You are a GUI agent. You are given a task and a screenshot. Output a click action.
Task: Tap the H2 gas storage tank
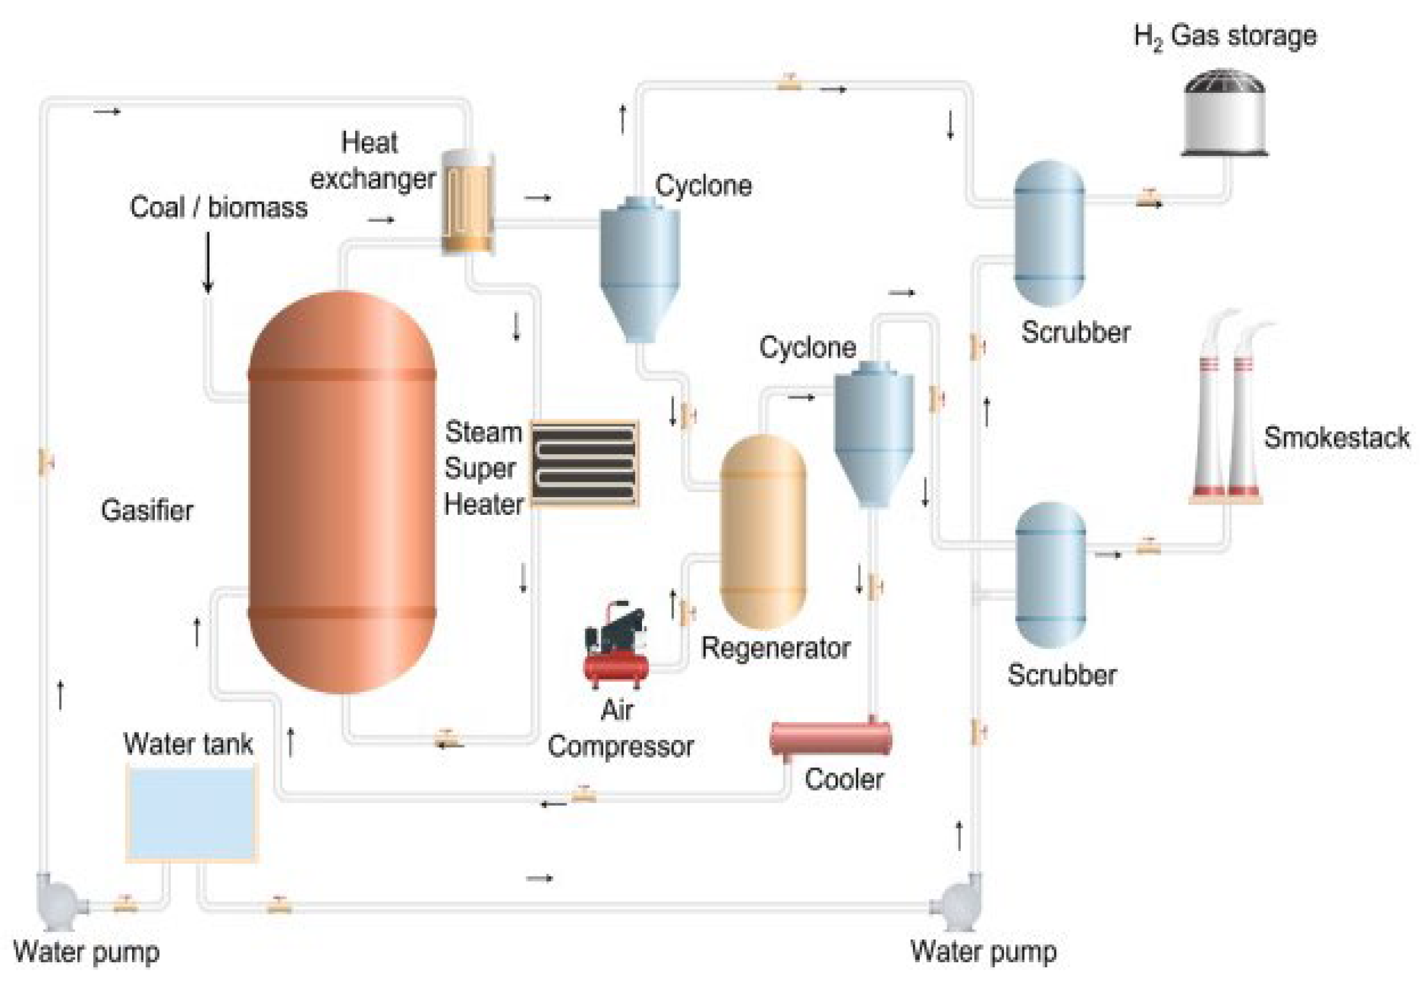pyautogui.click(x=1224, y=114)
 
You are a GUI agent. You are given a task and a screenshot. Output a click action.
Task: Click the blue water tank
pyautogui.click(x=191, y=814)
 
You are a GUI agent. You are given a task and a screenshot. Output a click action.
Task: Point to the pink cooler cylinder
pyautogui.click(x=831, y=739)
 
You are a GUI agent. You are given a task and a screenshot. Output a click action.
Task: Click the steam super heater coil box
pyautogui.click(x=584, y=463)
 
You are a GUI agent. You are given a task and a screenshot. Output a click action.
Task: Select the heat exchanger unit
pyautogui.click(x=468, y=202)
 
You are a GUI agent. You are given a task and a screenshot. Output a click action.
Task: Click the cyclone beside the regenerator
pyautogui.click(x=872, y=432)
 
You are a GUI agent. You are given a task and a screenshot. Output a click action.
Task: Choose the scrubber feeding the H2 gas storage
pyautogui.click(x=1049, y=233)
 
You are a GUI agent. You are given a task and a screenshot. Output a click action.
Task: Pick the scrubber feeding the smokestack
pyautogui.click(x=1049, y=575)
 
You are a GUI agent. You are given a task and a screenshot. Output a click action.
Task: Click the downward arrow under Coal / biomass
pyautogui.click(x=208, y=262)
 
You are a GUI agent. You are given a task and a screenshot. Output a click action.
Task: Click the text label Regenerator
pyautogui.click(x=775, y=648)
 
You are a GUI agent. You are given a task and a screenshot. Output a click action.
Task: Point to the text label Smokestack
pyautogui.click(x=1336, y=438)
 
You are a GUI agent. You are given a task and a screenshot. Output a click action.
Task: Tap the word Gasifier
pyautogui.click(x=147, y=511)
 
